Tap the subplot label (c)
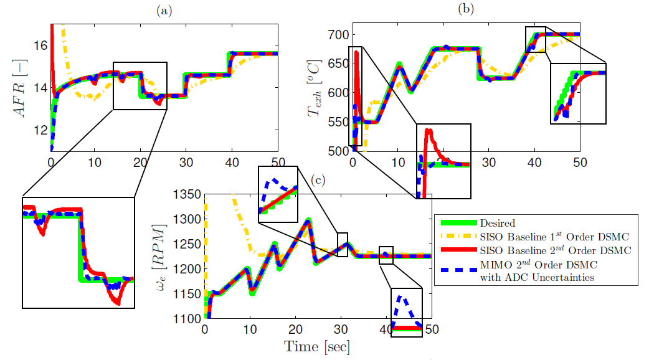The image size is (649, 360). click(320, 181)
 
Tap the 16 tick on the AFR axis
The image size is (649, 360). click(40, 45)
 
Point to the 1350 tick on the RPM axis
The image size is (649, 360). click(186, 195)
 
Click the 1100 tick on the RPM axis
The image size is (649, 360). click(186, 318)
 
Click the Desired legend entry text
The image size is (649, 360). click(498, 222)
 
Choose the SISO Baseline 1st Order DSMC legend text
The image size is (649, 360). click(556, 236)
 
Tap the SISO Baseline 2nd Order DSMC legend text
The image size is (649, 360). click(556, 250)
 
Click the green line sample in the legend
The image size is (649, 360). click(458, 223)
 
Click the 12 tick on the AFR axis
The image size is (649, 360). click(40, 130)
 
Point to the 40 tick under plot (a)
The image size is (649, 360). click(232, 162)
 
